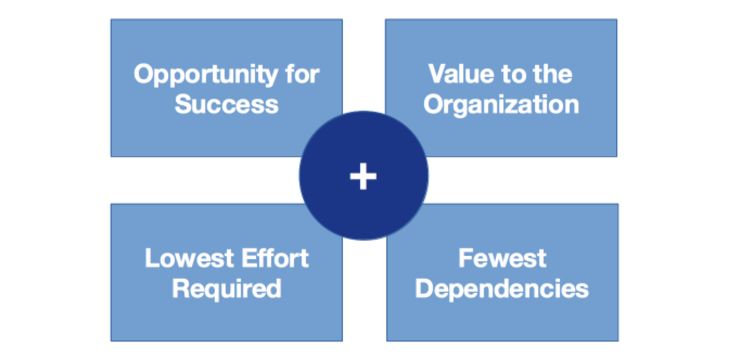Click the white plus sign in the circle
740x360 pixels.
click(x=363, y=176)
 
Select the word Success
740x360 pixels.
click(x=226, y=104)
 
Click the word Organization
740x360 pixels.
click(x=501, y=104)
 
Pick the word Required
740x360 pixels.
click(x=226, y=288)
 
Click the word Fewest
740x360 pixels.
click(x=502, y=259)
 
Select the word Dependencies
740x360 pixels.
click(x=502, y=288)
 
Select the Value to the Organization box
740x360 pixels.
click(x=570, y=136)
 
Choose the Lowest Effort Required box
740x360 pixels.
click(x=163, y=320)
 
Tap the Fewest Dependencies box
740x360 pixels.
click(x=570, y=320)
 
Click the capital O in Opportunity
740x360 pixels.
click(x=144, y=74)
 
